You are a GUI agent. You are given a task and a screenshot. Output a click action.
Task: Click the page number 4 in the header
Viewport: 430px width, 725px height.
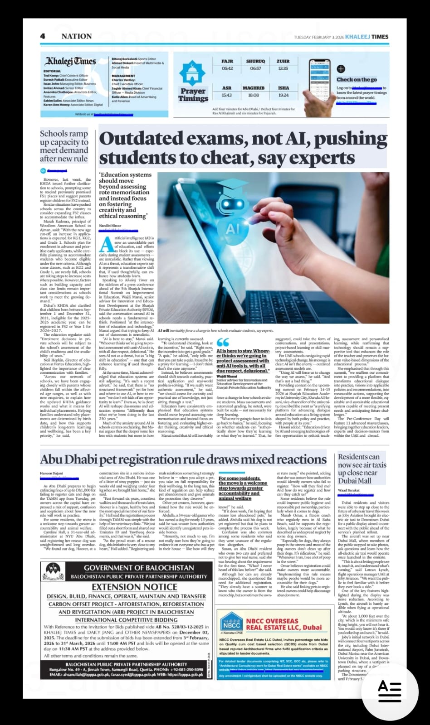(x=42, y=36)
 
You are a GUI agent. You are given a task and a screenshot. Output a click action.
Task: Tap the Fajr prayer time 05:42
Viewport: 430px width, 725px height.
(x=227, y=68)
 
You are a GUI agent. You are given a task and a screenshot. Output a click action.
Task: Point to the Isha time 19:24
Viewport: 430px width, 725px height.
(x=283, y=95)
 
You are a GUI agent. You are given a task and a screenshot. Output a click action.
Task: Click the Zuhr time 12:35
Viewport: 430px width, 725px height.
(x=283, y=68)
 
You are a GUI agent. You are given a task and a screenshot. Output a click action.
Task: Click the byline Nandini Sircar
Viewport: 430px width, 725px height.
(x=111, y=225)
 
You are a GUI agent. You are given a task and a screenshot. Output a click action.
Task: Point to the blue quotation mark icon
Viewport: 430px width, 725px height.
(x=223, y=343)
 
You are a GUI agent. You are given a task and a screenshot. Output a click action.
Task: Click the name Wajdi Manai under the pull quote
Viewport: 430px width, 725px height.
(x=226, y=376)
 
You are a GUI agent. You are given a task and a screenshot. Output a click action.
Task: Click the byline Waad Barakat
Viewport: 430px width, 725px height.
(x=349, y=491)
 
